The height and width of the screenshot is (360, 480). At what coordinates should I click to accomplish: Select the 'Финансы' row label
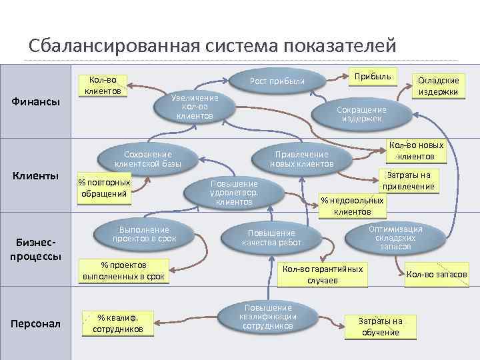[x=37, y=102]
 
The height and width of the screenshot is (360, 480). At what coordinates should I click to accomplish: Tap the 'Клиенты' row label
[x=37, y=175]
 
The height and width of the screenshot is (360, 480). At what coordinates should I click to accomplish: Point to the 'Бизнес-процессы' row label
[x=37, y=248]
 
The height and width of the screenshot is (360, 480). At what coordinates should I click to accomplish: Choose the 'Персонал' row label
[x=37, y=324]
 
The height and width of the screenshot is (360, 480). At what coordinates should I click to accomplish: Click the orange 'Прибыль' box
[x=373, y=77]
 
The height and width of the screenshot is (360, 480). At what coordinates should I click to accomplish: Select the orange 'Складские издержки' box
[x=438, y=85]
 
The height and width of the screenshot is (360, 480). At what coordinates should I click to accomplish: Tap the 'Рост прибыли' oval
[x=277, y=81]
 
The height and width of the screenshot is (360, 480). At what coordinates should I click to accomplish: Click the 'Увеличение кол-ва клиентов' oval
[x=195, y=107]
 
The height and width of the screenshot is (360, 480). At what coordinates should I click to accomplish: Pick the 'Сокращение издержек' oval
[x=361, y=114]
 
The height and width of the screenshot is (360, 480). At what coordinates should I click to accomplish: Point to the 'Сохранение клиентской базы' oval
[x=148, y=159]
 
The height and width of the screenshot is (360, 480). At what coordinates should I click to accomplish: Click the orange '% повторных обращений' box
[x=104, y=189]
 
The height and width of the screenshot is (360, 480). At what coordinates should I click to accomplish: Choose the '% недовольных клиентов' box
[x=352, y=206]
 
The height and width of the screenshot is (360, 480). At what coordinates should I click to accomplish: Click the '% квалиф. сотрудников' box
[x=117, y=323]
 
